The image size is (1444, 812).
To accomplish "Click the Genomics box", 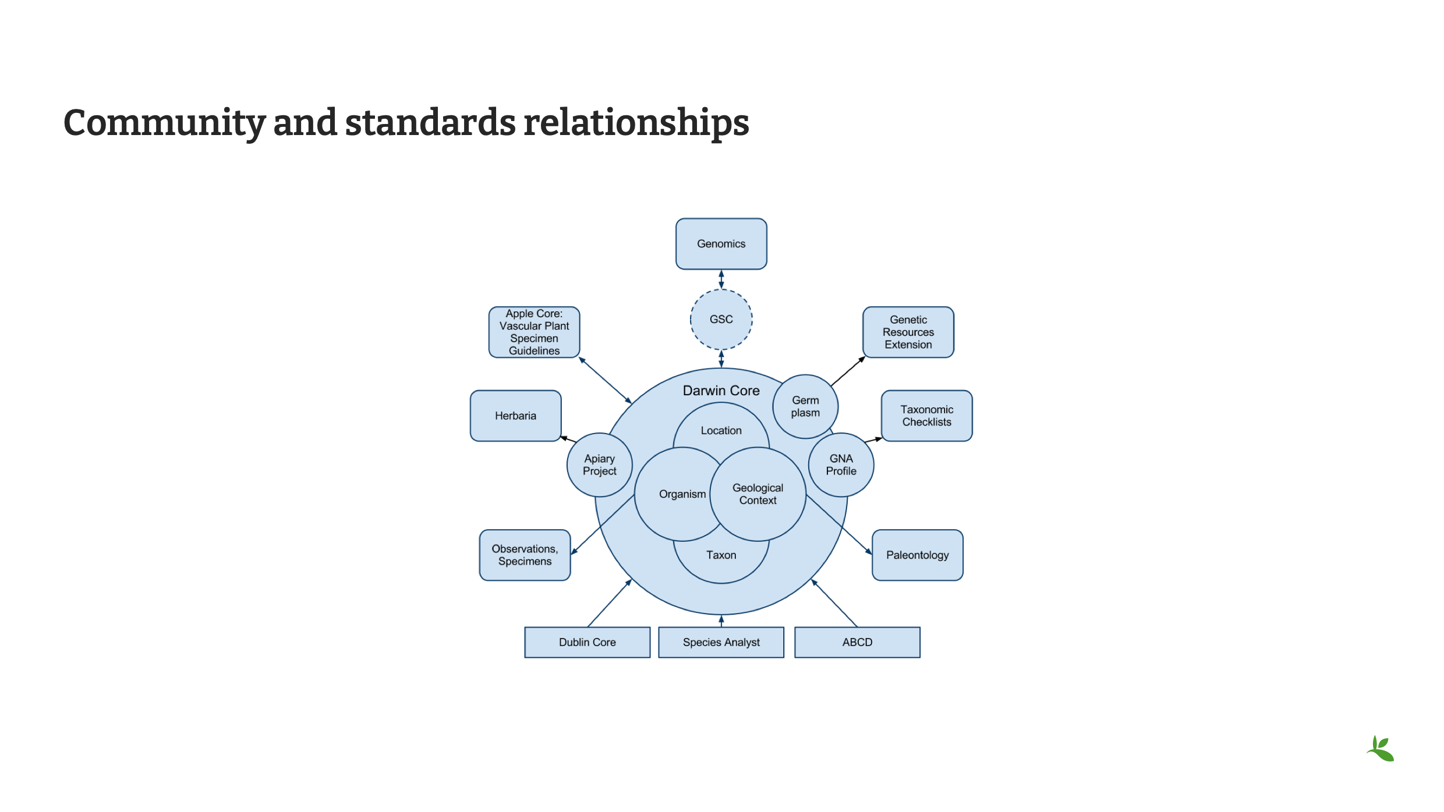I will pos(721,244).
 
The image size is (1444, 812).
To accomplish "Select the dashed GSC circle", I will pos(721,320).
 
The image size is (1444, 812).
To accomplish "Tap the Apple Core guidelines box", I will pos(534,332).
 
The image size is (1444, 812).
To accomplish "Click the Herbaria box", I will pos(515,416).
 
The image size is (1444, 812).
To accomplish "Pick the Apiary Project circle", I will pos(599,465).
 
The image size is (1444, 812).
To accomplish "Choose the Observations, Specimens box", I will pos(525,555).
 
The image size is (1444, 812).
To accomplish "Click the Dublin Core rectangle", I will pos(587,642).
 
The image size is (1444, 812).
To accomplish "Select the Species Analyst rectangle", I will pos(721,642).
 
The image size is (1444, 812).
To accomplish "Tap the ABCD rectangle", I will pos(857,642).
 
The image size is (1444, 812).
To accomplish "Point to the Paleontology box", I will pos(917,555).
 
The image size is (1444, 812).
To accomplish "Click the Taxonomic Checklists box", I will pos(926,416).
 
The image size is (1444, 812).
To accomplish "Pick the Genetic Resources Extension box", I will pos(908,332).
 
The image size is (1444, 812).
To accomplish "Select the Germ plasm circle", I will pos(805,406).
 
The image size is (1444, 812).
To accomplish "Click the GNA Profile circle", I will pos(841,465).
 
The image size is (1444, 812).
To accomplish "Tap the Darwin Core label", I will pos(721,391).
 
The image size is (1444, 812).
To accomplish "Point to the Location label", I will pos(721,431).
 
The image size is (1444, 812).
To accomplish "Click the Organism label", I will pos(682,494).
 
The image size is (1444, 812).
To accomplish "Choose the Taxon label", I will pos(721,555).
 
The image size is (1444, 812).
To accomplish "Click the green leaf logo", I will pos(1381,749).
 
